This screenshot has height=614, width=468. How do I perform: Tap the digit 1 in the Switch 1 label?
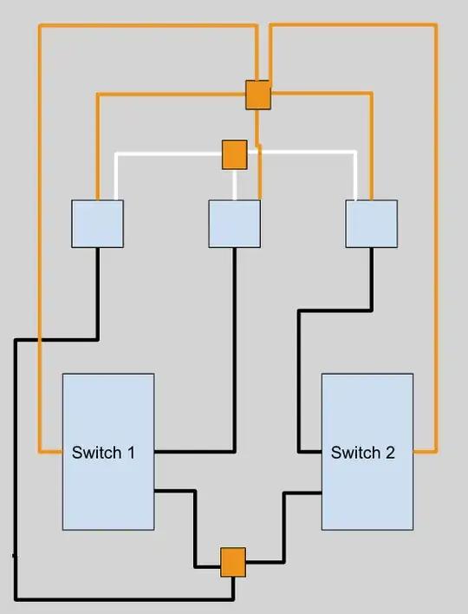131,452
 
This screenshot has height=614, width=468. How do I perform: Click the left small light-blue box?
97,224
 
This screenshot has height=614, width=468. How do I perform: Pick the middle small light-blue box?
234,224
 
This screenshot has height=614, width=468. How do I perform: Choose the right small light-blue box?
371,224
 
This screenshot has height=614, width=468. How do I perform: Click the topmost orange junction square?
257,95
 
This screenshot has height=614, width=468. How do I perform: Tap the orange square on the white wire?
235,154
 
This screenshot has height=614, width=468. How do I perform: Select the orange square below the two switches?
232,561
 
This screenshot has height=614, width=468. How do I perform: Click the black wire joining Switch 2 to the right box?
300,382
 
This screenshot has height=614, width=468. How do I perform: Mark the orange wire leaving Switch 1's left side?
40,260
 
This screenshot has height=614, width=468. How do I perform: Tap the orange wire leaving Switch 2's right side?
435,260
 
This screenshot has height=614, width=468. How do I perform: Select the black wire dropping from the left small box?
97,295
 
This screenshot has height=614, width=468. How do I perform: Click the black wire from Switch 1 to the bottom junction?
196,529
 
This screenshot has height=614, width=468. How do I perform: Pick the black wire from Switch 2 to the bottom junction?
284,529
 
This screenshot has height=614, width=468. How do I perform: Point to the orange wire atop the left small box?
97,147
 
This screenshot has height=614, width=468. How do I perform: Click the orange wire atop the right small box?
372,147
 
